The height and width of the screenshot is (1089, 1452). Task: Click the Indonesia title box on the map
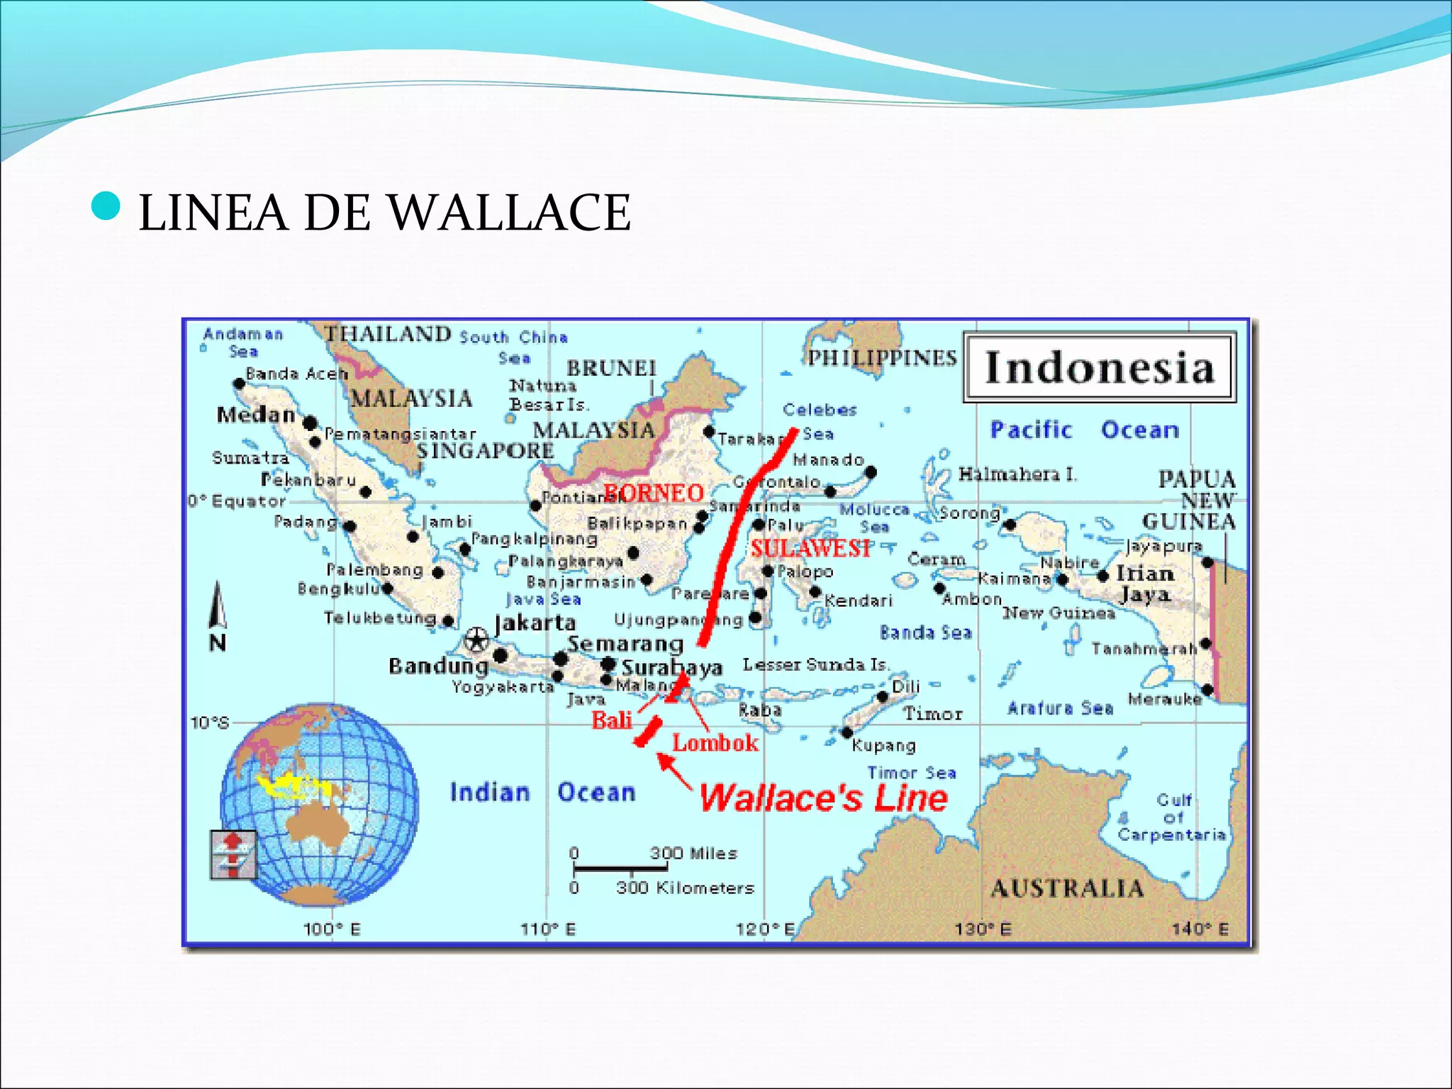click(1099, 368)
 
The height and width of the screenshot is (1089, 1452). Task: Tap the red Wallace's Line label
click(823, 798)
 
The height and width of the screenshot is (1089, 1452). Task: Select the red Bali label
click(612, 720)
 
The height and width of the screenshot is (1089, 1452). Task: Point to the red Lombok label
click(715, 743)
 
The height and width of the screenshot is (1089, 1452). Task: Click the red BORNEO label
click(653, 493)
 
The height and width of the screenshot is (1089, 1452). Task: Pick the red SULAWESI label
click(810, 548)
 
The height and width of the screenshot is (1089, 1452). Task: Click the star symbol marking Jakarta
click(476, 640)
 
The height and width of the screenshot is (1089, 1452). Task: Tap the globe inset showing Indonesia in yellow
click(319, 804)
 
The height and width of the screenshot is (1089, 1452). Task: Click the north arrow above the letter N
click(218, 605)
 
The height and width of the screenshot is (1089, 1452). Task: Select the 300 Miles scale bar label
click(693, 854)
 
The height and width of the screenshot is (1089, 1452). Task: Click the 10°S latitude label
click(210, 722)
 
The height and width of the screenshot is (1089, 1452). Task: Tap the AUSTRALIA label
click(1067, 888)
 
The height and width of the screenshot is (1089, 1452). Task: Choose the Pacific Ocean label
click(1084, 430)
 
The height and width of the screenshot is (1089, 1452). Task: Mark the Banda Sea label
click(925, 632)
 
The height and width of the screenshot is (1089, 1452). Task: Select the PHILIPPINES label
click(883, 358)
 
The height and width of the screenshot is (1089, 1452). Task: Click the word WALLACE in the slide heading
click(509, 213)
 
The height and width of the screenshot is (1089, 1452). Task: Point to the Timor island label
click(932, 714)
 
